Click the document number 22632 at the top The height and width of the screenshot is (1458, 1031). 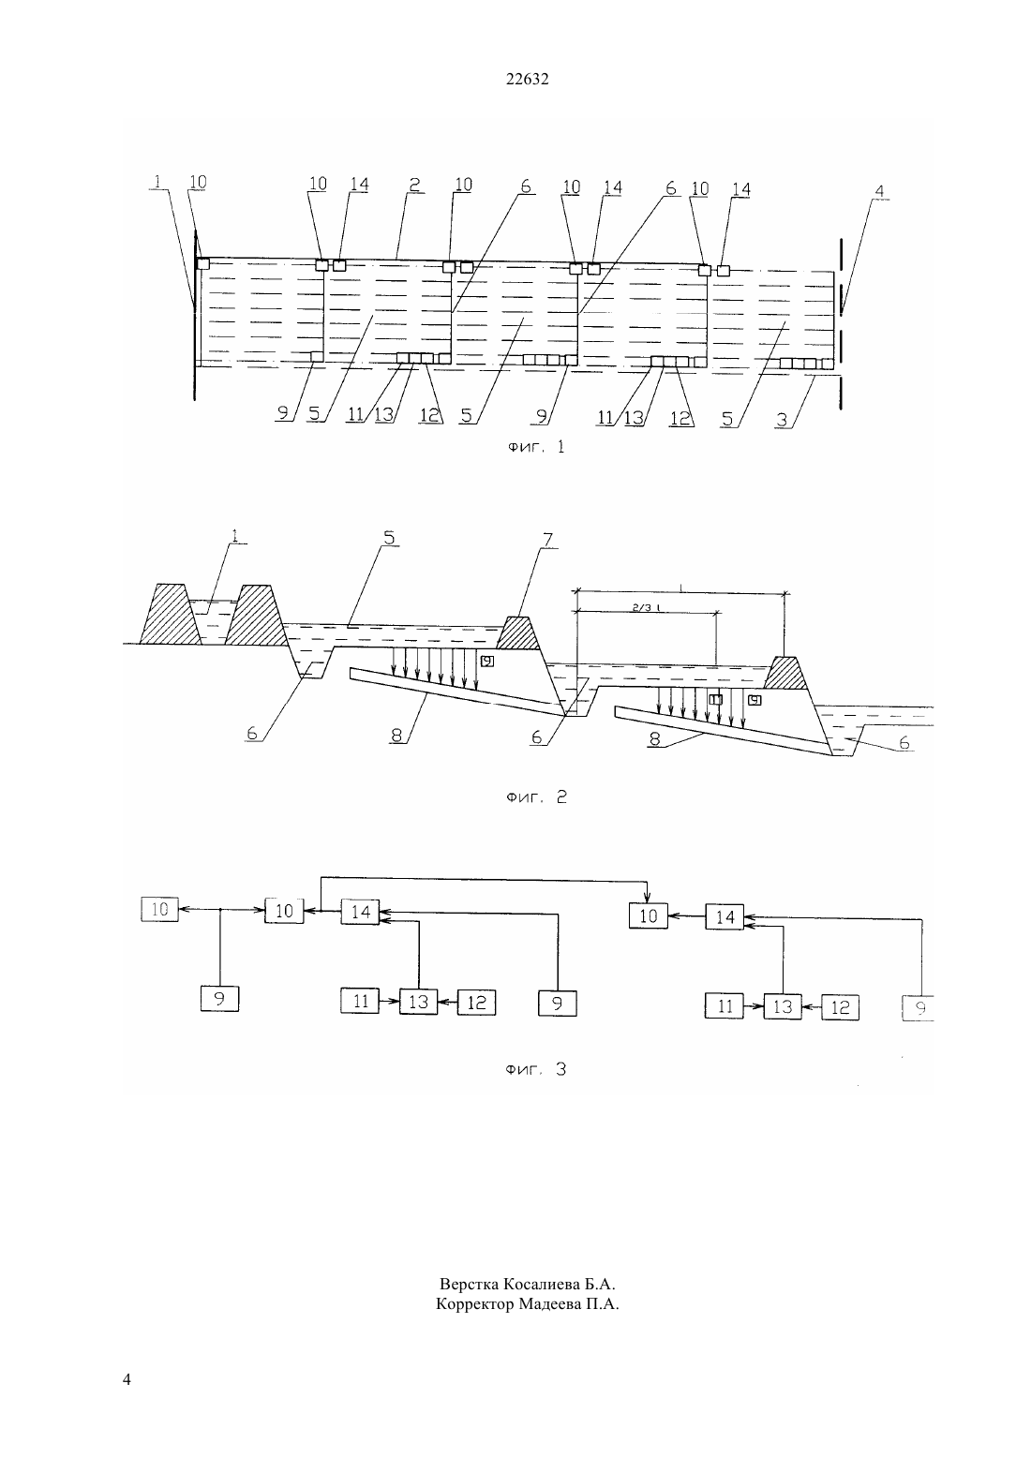click(527, 80)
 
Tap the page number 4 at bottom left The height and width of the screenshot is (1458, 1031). click(127, 1379)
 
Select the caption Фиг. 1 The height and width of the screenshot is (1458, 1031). click(536, 447)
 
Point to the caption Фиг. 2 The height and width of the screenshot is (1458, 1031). click(537, 797)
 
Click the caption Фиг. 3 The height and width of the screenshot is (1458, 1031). click(536, 1069)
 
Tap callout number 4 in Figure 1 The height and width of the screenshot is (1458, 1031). click(879, 191)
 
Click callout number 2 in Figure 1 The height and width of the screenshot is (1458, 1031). click(414, 185)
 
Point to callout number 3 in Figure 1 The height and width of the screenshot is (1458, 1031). click(782, 420)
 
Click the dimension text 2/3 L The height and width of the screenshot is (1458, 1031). click(645, 606)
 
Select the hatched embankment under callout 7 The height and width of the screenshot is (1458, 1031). click(518, 633)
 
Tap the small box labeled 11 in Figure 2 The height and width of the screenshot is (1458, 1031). click(716, 700)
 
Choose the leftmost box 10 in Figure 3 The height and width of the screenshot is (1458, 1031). click(159, 909)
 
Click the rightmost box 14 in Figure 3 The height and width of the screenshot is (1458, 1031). click(725, 917)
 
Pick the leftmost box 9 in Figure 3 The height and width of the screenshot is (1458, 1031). click(219, 999)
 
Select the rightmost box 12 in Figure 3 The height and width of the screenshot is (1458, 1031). click(840, 1007)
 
